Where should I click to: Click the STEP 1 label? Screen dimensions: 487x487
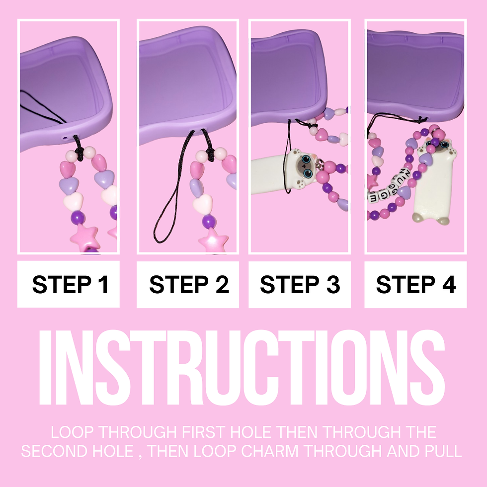click(71, 284)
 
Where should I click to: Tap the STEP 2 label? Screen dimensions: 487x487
click(189, 284)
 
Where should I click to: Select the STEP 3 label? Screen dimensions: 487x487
click(300, 284)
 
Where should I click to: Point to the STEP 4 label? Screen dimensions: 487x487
click(416, 284)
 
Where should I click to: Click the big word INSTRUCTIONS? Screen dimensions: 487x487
click(242, 368)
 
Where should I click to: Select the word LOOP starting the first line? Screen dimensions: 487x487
click(72, 432)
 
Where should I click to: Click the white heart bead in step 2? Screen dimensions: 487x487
click(203, 203)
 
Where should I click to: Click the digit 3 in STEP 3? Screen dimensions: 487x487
click(333, 284)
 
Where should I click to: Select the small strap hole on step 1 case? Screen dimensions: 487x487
click(65, 137)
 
